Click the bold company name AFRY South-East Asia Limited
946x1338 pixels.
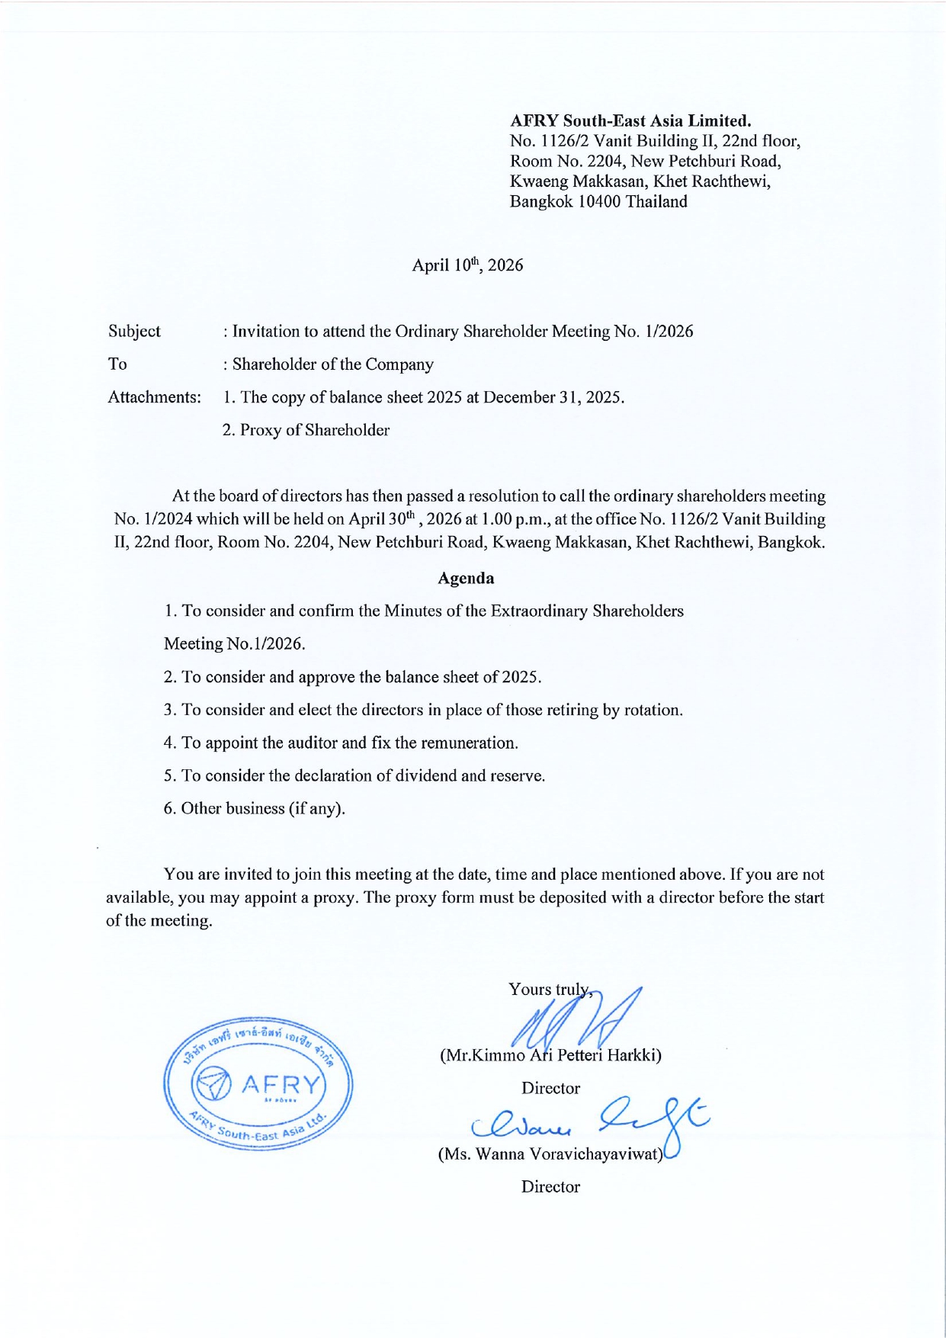point(630,120)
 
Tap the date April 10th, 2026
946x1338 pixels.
point(467,265)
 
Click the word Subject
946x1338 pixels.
point(134,331)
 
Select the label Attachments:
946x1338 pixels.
point(154,397)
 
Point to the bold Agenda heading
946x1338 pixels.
point(466,578)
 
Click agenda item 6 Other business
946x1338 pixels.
point(254,808)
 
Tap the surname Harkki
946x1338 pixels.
point(633,1055)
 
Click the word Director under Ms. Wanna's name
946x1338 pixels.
point(550,1186)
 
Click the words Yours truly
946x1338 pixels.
point(547,990)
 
